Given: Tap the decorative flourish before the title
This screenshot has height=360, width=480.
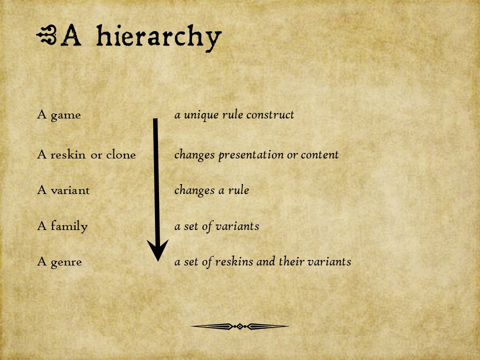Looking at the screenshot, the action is [x=47, y=35].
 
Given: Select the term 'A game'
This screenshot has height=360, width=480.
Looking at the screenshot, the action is [x=59, y=115].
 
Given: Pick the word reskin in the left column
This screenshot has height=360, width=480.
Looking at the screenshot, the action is [x=68, y=154].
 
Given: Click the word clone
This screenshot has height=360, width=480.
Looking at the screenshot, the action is [x=121, y=154].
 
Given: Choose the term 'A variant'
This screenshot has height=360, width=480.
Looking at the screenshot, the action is [x=63, y=190].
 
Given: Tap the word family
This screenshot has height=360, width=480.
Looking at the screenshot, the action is [x=69, y=226].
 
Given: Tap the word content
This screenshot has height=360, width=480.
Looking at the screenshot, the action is [x=319, y=154].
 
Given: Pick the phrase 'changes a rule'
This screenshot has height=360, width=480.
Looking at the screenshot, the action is [x=211, y=190].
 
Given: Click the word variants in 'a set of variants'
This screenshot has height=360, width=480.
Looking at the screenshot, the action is [x=237, y=226].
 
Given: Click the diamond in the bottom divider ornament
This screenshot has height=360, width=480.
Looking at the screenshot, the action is [x=240, y=326].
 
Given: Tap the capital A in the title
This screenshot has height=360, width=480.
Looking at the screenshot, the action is [x=71, y=35].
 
